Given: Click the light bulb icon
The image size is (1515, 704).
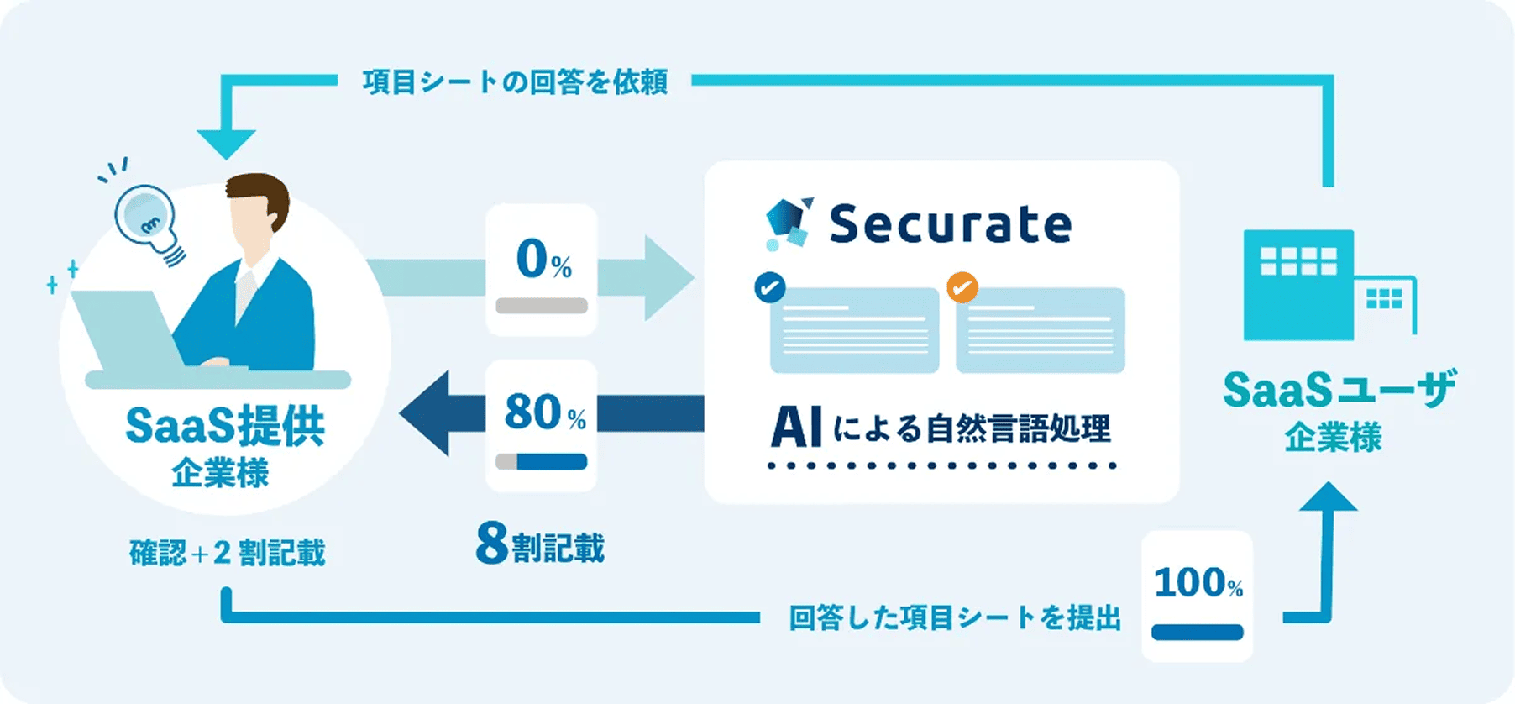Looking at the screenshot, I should tap(148, 218).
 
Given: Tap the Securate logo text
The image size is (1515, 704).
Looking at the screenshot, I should tap(950, 224).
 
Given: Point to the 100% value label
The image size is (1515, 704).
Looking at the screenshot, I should tap(1197, 583).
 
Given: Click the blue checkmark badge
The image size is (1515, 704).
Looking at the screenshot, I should tap(770, 287).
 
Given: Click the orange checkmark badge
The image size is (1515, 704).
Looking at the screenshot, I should tap(962, 287).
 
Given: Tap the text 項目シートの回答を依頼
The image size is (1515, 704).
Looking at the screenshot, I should tap(515, 82).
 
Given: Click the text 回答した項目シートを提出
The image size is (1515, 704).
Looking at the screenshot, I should tap(955, 618).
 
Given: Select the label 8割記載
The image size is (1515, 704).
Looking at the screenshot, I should tap(540, 545).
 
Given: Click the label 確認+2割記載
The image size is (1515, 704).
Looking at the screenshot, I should tap(227, 553).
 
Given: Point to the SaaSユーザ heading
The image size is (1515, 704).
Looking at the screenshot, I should tap(1339, 391).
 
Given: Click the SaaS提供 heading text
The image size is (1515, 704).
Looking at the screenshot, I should tap(224, 427).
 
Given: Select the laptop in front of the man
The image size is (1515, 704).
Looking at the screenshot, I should tap(126, 332).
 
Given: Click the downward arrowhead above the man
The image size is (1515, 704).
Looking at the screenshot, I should tap(226, 144).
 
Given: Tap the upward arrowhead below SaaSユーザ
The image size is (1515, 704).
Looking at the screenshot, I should tap(1328, 497).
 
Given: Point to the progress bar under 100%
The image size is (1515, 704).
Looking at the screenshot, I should tap(1197, 633).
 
